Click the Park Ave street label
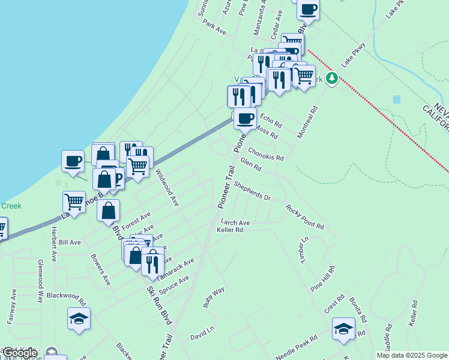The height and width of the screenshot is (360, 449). [x=214, y=27]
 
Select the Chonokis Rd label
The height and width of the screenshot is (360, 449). [x=265, y=153]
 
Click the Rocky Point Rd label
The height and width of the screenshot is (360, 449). [x=304, y=217]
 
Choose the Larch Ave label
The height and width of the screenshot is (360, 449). [x=235, y=222]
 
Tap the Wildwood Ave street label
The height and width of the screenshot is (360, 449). [x=167, y=188]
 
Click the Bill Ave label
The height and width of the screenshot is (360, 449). [x=70, y=242]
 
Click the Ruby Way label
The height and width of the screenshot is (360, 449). [x=214, y=297]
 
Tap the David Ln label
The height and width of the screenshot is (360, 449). [x=202, y=332]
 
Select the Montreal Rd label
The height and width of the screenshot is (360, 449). [x=307, y=122]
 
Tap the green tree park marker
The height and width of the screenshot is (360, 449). [x=331, y=79]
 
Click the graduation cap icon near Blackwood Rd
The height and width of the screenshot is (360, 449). [x=79, y=318]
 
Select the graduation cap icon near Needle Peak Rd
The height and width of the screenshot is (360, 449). [x=343, y=328]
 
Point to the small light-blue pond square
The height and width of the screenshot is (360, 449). [x=396, y=99]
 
